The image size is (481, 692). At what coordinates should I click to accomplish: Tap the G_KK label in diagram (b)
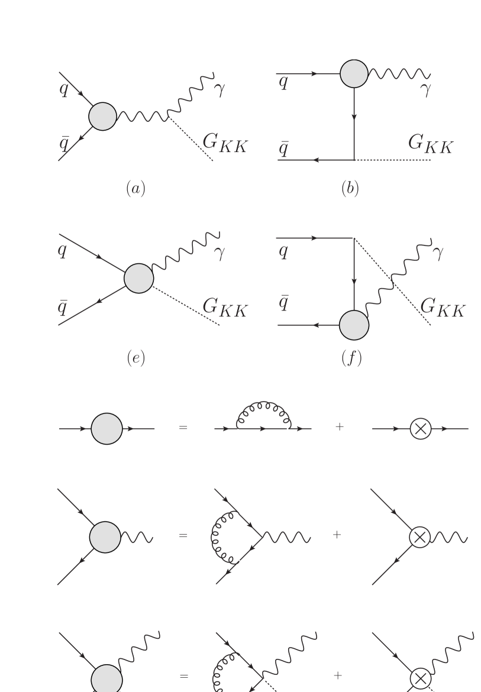(x=431, y=144)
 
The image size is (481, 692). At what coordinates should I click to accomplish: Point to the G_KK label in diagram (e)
(x=224, y=306)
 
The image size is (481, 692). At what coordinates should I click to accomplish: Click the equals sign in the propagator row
(x=183, y=427)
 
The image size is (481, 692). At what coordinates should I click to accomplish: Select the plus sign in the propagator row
(x=339, y=427)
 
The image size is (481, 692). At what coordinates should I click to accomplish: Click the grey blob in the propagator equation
(x=106, y=427)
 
